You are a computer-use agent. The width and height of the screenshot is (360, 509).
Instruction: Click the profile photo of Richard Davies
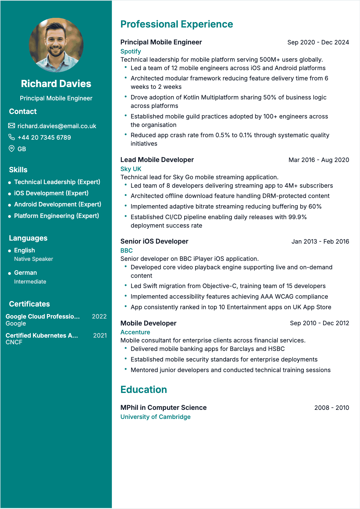click(x=56, y=45)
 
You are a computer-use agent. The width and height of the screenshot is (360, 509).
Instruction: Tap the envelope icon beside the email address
click(x=11, y=126)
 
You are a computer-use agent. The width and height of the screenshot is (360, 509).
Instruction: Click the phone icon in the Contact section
click(x=11, y=137)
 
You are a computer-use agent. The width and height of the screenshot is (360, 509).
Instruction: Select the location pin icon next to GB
click(x=11, y=149)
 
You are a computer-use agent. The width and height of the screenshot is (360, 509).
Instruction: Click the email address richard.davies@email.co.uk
click(x=57, y=126)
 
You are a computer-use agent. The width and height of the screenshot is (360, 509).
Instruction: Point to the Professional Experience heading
click(x=177, y=24)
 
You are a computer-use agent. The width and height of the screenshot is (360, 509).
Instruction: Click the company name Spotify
click(x=131, y=51)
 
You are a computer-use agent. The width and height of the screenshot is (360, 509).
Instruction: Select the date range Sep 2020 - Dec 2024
click(x=318, y=42)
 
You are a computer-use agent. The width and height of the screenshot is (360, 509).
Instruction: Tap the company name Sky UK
click(x=131, y=169)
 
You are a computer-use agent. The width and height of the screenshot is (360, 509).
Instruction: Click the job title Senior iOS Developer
click(x=154, y=241)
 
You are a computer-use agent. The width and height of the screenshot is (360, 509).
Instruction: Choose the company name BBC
click(x=126, y=251)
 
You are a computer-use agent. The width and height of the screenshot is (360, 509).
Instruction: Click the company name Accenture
click(x=135, y=332)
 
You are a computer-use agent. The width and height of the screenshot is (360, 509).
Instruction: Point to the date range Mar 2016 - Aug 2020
click(x=319, y=160)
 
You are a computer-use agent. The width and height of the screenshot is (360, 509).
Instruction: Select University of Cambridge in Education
click(x=155, y=417)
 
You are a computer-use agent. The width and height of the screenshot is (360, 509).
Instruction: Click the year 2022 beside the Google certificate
click(x=99, y=316)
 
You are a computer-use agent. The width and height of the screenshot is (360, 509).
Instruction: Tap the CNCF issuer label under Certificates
click(x=14, y=342)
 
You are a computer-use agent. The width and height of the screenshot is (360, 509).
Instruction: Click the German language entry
click(x=25, y=273)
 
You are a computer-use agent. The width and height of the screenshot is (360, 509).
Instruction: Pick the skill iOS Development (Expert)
click(x=51, y=193)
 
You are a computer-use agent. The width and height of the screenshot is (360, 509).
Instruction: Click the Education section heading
click(x=144, y=390)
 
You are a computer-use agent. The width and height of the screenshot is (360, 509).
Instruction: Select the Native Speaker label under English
click(x=34, y=259)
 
